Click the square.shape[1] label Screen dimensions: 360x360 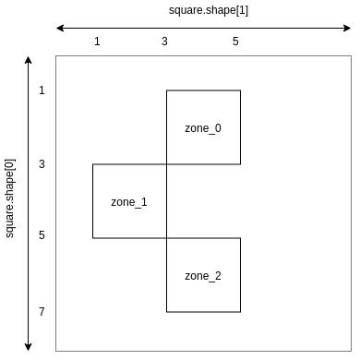click(x=203, y=10)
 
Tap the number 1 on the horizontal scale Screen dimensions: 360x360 click(x=97, y=42)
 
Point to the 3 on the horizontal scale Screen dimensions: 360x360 click(x=165, y=42)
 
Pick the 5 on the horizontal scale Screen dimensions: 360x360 click(x=235, y=42)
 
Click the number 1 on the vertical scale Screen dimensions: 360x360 click(x=42, y=90)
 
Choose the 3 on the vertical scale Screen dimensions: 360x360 click(x=42, y=164)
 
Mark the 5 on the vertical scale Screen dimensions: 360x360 click(x=42, y=235)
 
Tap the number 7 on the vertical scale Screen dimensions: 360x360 click(x=42, y=312)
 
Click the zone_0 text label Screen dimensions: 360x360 click(x=203, y=128)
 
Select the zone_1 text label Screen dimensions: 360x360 click(x=129, y=201)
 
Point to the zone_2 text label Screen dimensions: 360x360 click(x=203, y=276)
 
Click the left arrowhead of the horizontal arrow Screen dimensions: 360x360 click(x=59, y=28)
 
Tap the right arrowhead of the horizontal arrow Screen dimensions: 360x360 click(x=348, y=28)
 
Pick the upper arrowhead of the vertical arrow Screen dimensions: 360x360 click(x=29, y=59)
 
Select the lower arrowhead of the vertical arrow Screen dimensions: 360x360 click(x=29, y=348)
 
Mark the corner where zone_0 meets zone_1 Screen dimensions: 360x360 click(x=166, y=164)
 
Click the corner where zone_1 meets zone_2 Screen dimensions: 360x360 click(x=166, y=238)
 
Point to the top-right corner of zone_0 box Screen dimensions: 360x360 click(x=240, y=90)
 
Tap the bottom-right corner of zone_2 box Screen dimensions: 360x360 click(x=240, y=312)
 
